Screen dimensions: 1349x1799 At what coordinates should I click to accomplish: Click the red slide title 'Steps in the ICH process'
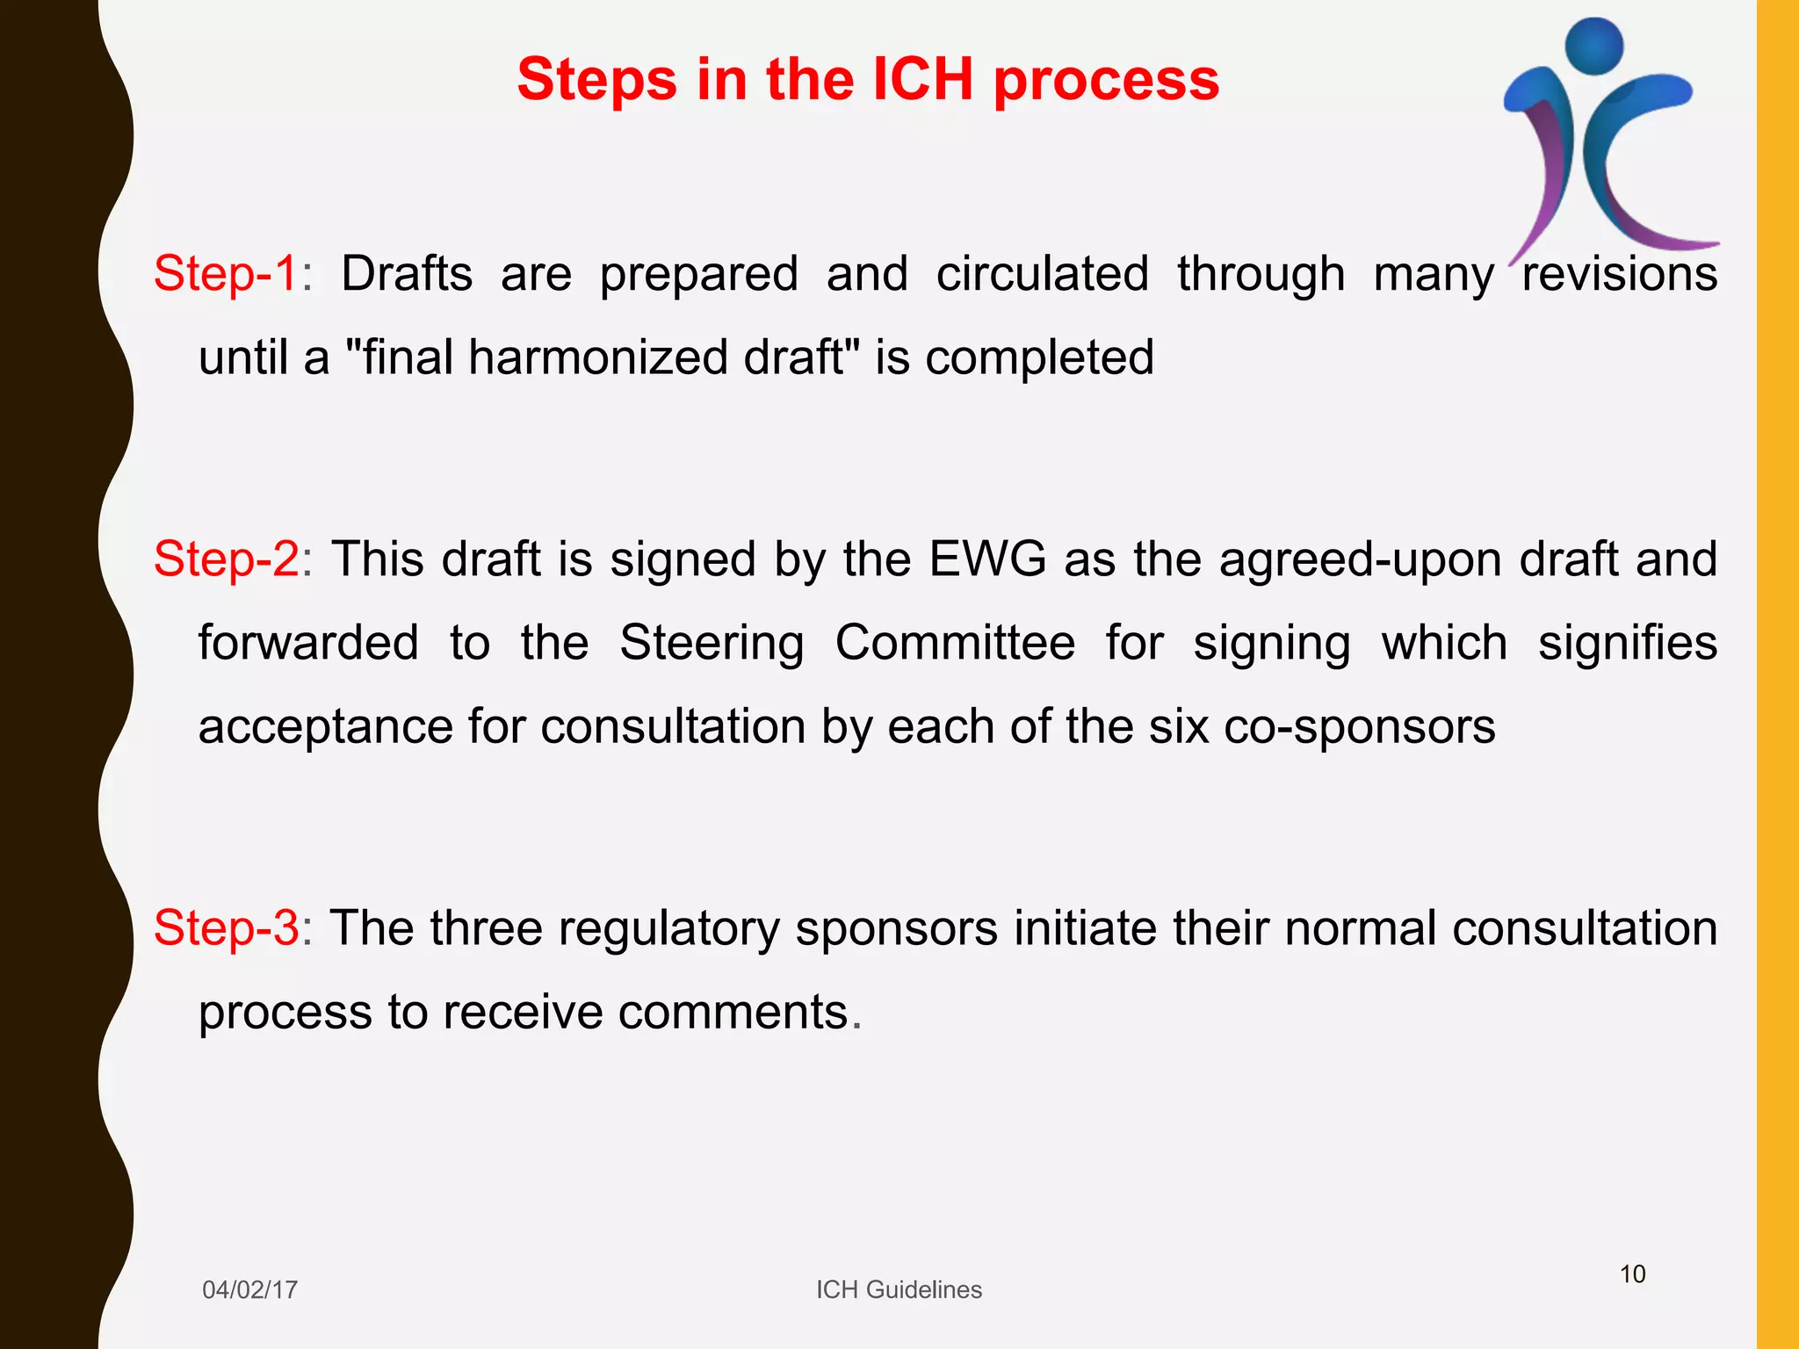(868, 80)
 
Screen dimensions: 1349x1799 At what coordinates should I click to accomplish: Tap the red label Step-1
(227, 273)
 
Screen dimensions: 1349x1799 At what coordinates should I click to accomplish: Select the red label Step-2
(227, 559)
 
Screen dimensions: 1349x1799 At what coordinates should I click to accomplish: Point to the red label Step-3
(227, 928)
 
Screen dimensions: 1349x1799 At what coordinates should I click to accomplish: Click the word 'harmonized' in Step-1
(604, 357)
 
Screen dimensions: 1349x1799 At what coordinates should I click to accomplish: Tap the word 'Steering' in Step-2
(712, 643)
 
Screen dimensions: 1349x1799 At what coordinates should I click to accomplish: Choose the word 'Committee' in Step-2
(955, 643)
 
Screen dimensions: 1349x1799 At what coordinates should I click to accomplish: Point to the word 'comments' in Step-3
(733, 1012)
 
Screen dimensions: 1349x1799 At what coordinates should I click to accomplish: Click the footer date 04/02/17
(249, 1289)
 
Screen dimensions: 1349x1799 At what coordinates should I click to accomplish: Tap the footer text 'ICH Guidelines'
(899, 1289)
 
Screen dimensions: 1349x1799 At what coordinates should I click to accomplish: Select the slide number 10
(1632, 1274)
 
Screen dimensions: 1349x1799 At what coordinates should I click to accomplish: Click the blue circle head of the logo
(1594, 46)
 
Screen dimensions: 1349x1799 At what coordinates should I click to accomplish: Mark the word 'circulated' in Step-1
(1042, 273)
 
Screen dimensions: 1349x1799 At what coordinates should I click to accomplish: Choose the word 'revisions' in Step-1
(1619, 273)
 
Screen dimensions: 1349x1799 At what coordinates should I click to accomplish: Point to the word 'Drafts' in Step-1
(407, 273)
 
